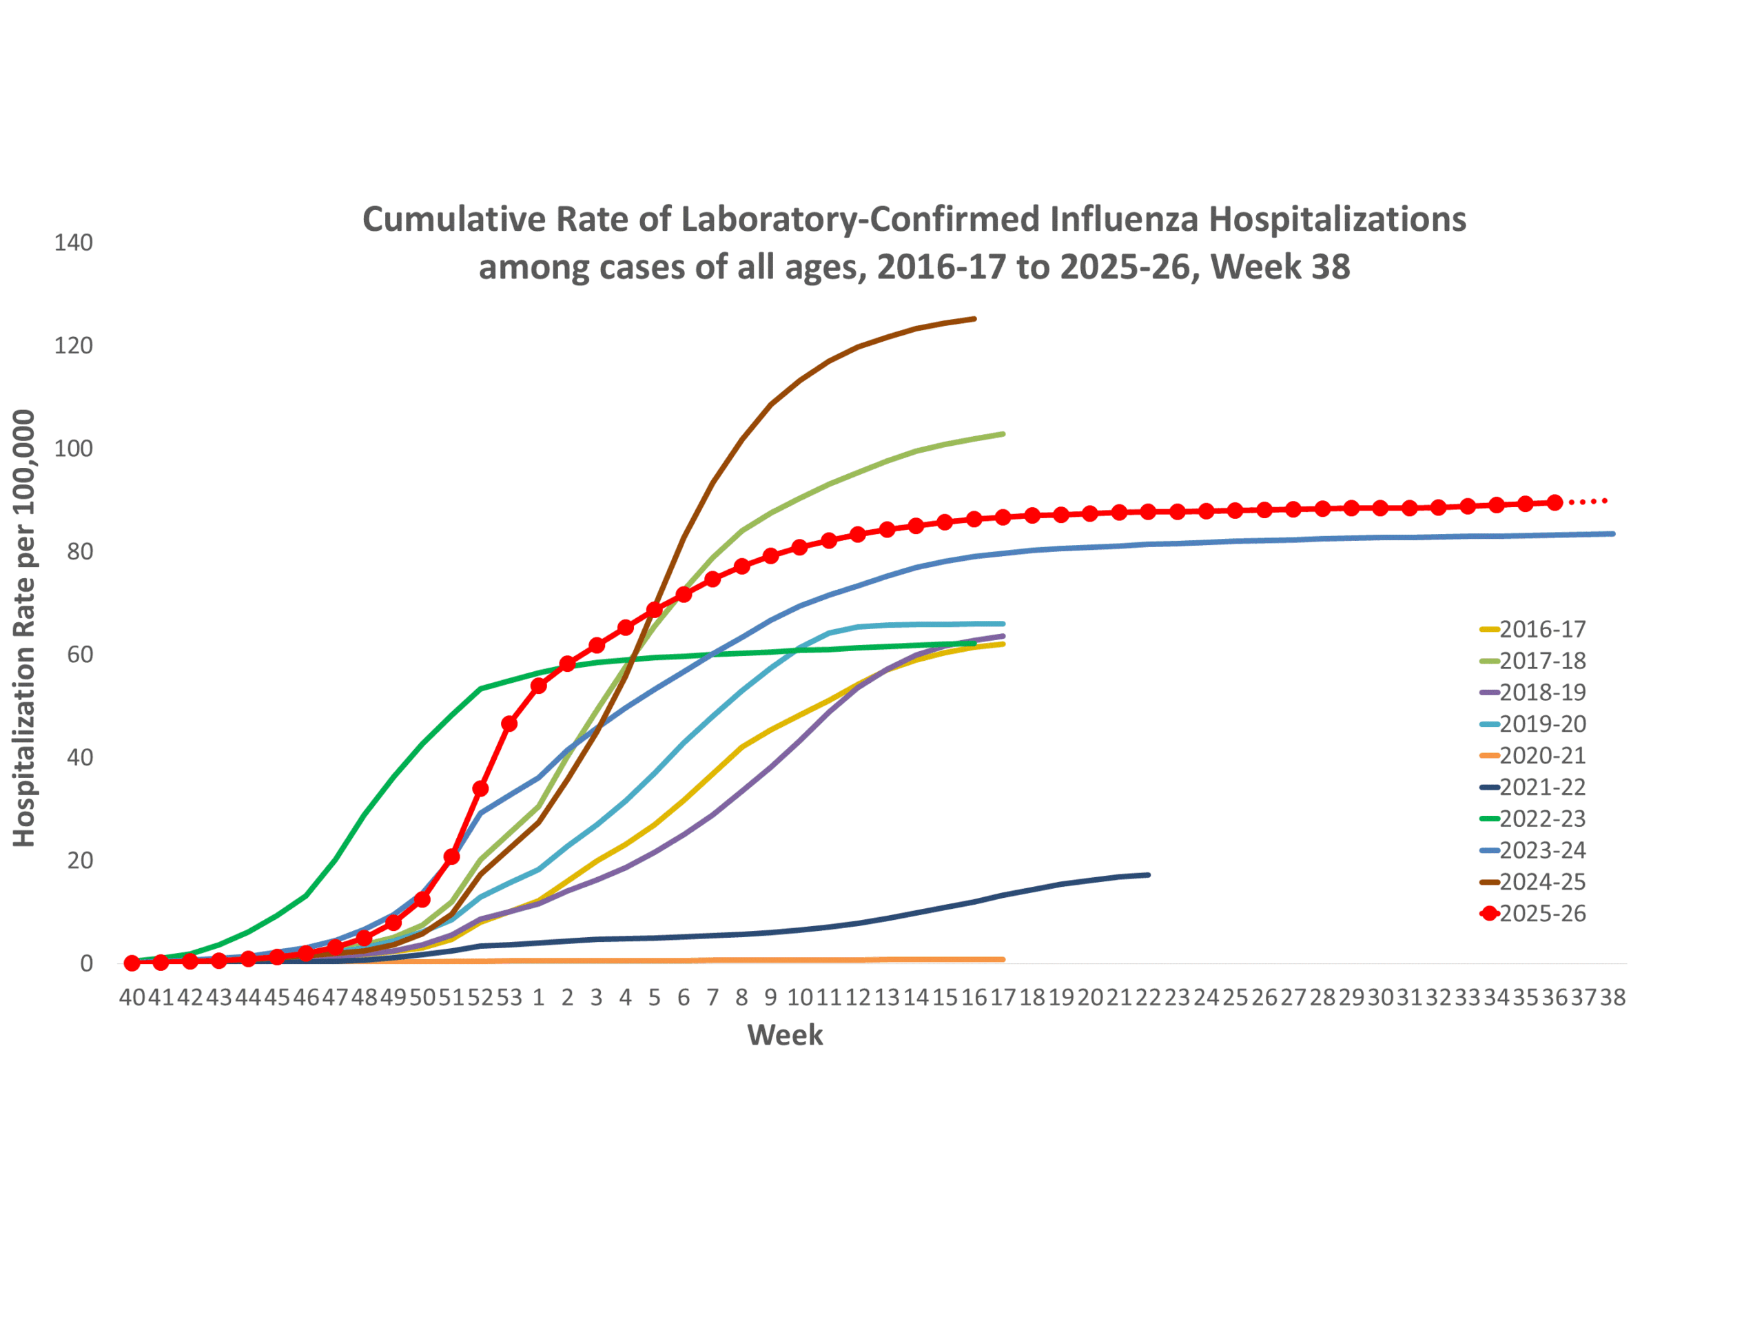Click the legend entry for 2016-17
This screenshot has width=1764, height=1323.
click(x=1532, y=629)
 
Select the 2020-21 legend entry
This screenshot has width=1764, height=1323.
click(x=1532, y=755)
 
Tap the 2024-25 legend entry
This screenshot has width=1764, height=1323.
click(x=1532, y=882)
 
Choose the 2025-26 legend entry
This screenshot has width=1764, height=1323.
click(x=1532, y=913)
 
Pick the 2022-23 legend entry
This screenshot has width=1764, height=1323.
click(x=1532, y=818)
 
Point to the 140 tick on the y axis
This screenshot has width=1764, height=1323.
click(x=73, y=243)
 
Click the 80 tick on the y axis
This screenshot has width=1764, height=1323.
click(x=80, y=551)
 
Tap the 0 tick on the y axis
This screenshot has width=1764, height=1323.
click(x=86, y=963)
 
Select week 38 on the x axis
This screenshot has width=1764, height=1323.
click(x=1612, y=997)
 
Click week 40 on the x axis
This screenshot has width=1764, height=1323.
click(x=132, y=997)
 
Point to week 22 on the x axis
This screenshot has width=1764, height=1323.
click(x=1149, y=997)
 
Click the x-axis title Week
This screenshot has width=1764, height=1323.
click(x=785, y=1035)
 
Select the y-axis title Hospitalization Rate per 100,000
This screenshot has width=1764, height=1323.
click(x=24, y=628)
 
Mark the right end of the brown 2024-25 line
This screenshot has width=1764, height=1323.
click(x=974, y=319)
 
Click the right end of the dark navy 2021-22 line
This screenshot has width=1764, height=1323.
click(x=1149, y=875)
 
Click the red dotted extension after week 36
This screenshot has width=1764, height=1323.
click(x=1588, y=502)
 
